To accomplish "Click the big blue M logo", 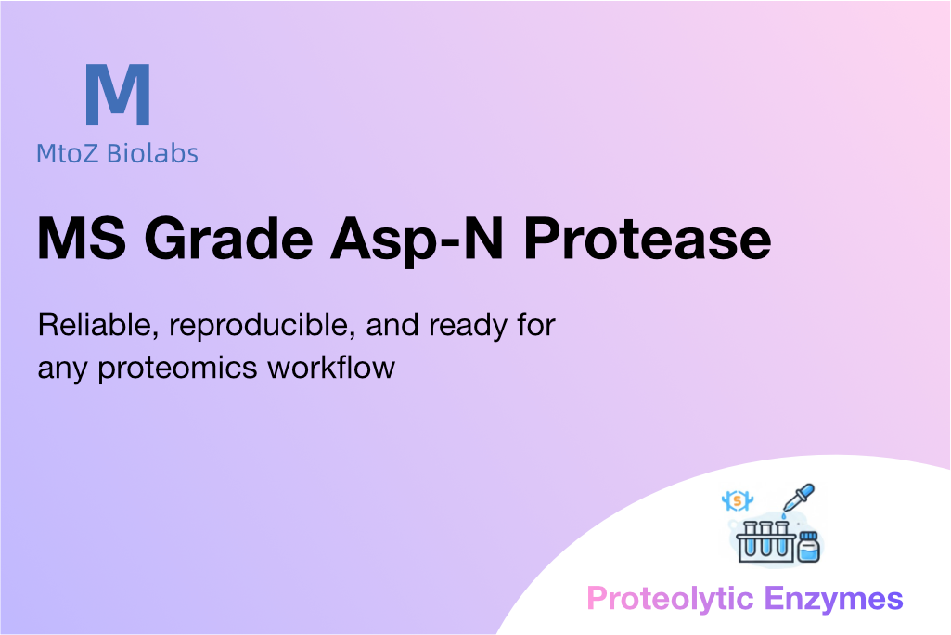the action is pos(118,94).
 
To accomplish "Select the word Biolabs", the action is pos(152,153).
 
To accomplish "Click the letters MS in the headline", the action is pos(82,239).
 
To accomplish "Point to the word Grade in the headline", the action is pos(228,239).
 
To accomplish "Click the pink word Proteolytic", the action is pos(670,599).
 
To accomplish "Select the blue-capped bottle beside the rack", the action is pos(809,547).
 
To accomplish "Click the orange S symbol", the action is pos(737,500).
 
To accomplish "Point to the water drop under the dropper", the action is pos(784,516).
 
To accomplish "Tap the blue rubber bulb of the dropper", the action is pos(807,490).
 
